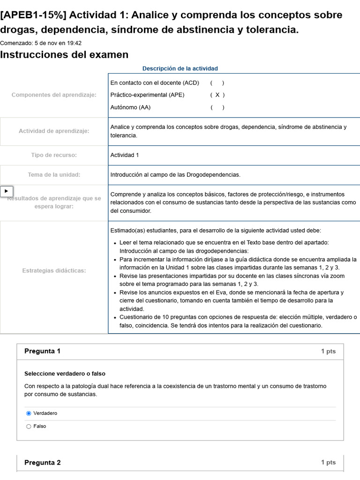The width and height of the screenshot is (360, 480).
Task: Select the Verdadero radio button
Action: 29,413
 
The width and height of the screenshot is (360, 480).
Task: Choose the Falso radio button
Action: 29,427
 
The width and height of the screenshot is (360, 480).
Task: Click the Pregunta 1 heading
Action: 42,352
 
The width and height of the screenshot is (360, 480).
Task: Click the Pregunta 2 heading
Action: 42,463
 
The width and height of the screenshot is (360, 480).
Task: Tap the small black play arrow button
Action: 7,191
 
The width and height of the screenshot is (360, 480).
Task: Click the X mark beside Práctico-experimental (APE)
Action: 217,95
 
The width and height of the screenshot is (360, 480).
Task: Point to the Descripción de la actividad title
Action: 180,68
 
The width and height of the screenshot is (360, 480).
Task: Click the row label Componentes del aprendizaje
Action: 54,95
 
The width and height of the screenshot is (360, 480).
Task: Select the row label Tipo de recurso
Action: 54,155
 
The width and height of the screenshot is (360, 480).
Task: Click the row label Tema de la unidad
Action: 54,175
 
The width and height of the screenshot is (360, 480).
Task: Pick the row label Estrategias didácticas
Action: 54,271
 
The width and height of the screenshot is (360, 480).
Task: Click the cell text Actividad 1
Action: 125,155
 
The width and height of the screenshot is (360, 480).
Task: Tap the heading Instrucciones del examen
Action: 64,55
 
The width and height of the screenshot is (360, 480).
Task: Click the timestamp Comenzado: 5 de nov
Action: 41,43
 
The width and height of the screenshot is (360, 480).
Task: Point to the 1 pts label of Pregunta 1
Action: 328,352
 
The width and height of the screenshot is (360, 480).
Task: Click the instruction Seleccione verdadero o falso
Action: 65,374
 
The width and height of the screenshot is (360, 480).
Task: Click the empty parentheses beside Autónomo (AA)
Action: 217,108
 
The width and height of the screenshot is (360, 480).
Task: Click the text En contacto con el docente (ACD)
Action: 155,83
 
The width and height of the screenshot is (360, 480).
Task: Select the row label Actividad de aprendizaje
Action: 54,131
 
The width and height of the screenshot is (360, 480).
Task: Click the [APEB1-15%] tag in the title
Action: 34,15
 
